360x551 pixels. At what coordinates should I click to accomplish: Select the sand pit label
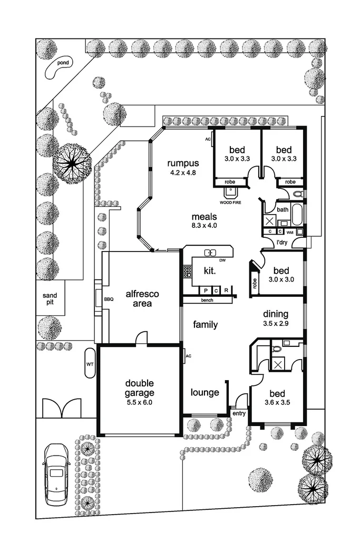coord(50,299)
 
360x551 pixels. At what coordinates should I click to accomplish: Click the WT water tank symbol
coord(89,363)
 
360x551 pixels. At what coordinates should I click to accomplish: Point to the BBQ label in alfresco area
coord(109,299)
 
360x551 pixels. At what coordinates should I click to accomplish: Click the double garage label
coord(140,388)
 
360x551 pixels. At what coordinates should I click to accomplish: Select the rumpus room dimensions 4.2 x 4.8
coord(182,172)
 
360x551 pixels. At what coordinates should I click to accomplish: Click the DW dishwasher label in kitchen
coord(223,260)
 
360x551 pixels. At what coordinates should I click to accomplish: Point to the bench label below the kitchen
coord(207,301)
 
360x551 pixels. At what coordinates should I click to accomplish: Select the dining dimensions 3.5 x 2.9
coord(276,324)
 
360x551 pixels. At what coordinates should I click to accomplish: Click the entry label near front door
coord(239,413)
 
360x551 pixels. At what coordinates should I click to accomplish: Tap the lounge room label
coord(205,392)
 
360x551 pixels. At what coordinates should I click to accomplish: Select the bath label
coord(283,209)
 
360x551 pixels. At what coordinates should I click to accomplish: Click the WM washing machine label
coord(289,232)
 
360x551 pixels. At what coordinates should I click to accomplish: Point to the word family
coord(205,325)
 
